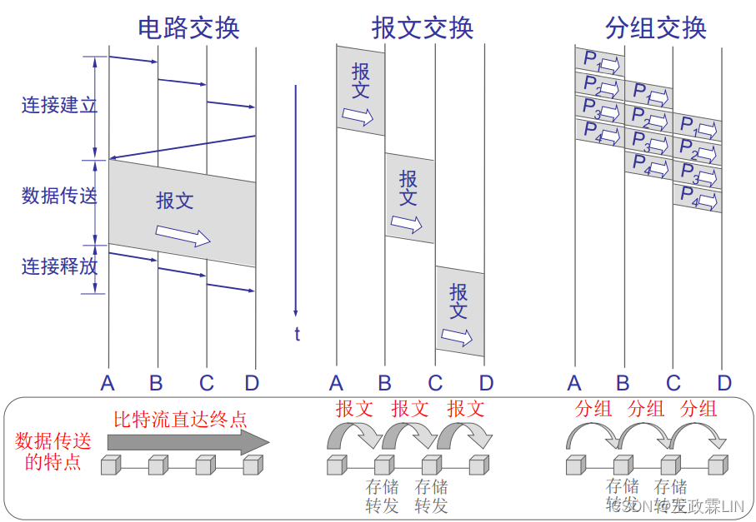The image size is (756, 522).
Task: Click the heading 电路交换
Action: click(x=188, y=27)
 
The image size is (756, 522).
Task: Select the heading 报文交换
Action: click(x=423, y=27)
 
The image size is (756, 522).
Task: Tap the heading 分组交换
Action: click(x=656, y=27)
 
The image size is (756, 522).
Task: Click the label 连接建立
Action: click(x=59, y=106)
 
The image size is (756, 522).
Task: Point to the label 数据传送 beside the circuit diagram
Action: click(x=59, y=196)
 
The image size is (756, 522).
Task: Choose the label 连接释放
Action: click(x=59, y=266)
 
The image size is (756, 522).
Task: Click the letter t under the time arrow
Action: click(x=296, y=335)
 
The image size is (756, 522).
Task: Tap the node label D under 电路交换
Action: click(x=253, y=383)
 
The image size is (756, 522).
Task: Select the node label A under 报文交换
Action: click(x=336, y=383)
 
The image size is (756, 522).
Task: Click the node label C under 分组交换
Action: click(x=673, y=383)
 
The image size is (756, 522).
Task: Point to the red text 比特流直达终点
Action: click(x=180, y=419)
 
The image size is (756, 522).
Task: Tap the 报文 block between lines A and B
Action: click(x=361, y=90)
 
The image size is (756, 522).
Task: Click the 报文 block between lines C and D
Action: click(x=459, y=311)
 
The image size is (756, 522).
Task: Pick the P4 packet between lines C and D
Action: click(x=698, y=198)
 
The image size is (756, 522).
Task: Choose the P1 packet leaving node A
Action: click(x=599, y=61)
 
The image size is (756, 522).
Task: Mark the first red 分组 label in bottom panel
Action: click(x=593, y=409)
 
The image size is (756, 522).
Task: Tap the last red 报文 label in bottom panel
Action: click(x=465, y=409)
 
